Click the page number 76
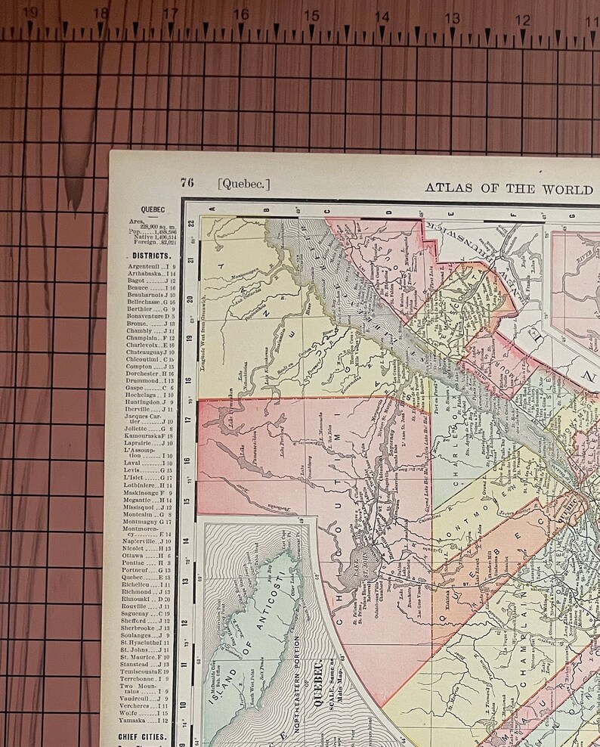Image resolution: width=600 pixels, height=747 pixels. (x=187, y=182)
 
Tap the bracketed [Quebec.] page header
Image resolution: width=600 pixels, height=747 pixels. (x=243, y=183)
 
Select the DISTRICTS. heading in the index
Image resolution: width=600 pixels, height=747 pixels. (x=151, y=256)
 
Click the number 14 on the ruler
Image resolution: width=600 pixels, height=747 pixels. (x=382, y=16)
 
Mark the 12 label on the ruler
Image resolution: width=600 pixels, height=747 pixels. (x=522, y=19)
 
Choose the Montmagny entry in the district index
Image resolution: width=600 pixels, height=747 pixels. (x=150, y=521)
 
